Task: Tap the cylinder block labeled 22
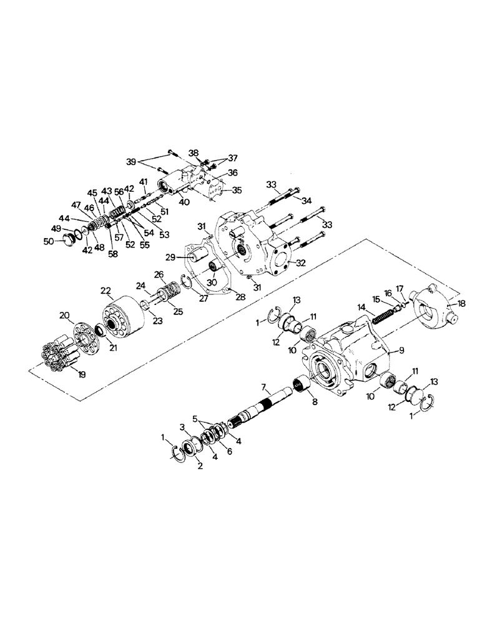tap(122, 316)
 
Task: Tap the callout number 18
tap(463, 303)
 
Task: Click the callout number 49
tap(56, 229)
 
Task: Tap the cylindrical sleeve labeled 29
tap(198, 256)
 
